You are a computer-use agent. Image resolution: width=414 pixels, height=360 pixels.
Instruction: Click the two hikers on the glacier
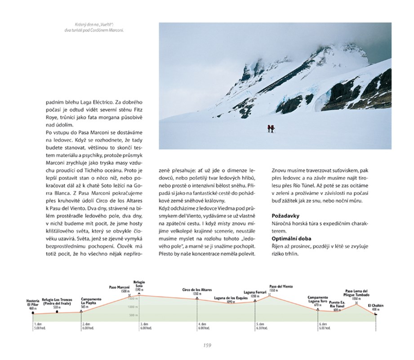(x=271, y=129)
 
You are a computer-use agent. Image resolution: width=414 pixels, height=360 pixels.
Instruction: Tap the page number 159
(x=207, y=345)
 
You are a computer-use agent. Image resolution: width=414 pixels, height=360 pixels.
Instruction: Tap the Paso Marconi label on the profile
(x=119, y=287)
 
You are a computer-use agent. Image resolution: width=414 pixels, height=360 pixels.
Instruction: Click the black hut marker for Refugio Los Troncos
(x=57, y=311)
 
